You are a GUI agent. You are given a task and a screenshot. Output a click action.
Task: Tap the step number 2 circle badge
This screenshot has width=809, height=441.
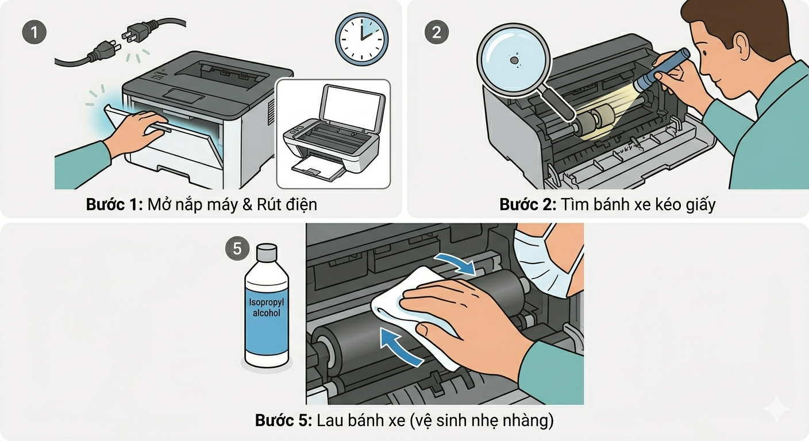[x=436, y=32]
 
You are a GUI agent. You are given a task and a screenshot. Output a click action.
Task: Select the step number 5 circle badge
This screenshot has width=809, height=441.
[x=237, y=249]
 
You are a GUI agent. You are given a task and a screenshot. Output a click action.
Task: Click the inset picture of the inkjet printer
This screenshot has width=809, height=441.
[x=333, y=134]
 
